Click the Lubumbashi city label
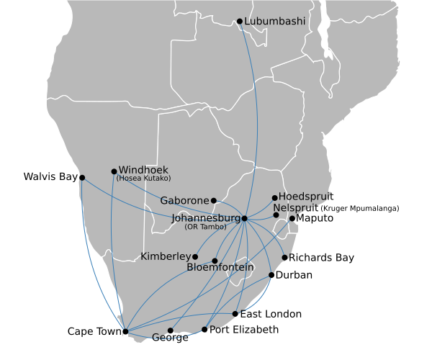pos(274,22)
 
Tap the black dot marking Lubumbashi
pos(240,21)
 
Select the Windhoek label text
pos(143,171)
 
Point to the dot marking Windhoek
pos(114,171)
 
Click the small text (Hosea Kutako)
pos(143,179)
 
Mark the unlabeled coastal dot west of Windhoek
pos(82,177)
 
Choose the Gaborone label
pos(184,200)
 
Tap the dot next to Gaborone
pos(214,200)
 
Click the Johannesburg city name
pos(205,218)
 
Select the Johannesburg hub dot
pos(245,218)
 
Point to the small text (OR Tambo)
pos(205,227)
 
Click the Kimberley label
pos(166,256)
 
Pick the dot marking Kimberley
pos(195,256)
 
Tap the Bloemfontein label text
pos(220,268)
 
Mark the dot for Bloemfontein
pos(215,261)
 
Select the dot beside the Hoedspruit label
pos(274,197)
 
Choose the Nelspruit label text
pos(300,207)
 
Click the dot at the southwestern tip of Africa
pos(125,332)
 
